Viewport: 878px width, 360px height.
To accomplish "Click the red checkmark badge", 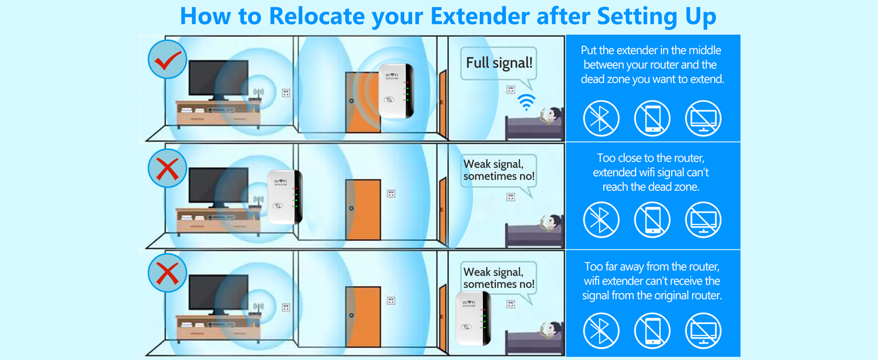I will coord(167,59).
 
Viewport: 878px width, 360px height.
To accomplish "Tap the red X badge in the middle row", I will coord(167,169).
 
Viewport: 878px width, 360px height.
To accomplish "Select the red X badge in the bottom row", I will coord(167,274).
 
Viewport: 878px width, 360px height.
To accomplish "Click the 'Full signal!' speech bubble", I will coord(499,63).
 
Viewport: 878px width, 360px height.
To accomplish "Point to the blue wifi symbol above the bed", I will coord(527,102).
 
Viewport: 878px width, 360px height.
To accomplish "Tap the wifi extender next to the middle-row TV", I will coord(285,197).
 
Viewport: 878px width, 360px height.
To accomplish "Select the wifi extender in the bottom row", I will coord(474,319).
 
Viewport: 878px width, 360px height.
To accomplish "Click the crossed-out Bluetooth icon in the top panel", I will coord(601,118).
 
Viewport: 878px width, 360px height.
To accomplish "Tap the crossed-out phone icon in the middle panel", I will coord(653,220).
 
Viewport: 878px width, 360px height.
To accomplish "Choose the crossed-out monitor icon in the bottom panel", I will coord(703,331).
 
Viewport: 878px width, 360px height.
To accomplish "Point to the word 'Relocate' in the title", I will coord(316,16).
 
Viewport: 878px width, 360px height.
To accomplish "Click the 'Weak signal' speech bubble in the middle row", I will coord(498,171).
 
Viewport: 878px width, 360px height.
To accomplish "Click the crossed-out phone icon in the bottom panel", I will coord(653,331).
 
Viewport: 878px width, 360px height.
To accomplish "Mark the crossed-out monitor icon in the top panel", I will coord(703,118).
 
